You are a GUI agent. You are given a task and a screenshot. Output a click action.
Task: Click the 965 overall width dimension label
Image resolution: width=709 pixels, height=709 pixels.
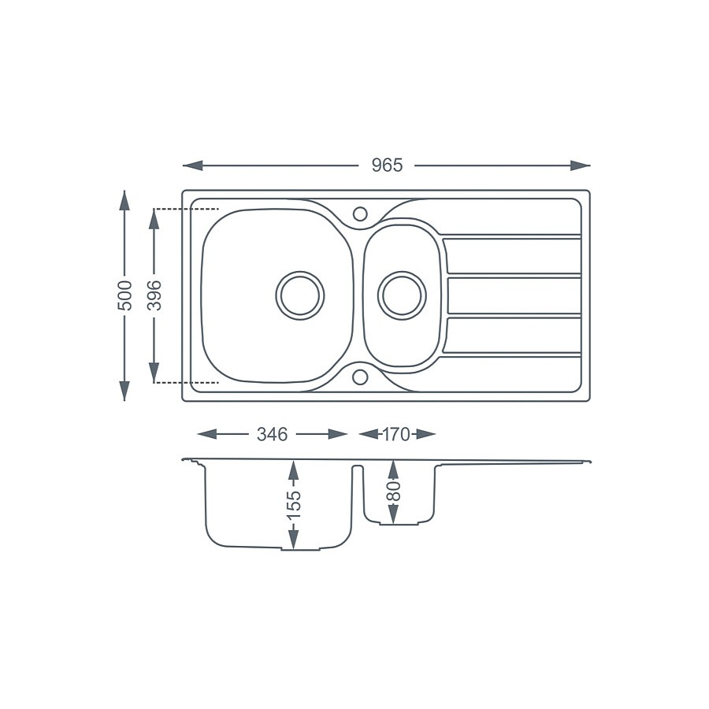pos(387,165)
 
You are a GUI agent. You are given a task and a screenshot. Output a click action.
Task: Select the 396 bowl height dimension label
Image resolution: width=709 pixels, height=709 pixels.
pos(154,295)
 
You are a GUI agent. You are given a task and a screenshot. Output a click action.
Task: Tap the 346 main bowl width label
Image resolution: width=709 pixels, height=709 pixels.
pos(273,434)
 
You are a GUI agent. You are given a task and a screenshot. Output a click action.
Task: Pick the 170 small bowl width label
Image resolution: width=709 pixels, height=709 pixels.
pos(396,434)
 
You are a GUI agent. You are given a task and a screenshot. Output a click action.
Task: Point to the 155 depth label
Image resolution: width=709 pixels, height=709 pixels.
pos(293,505)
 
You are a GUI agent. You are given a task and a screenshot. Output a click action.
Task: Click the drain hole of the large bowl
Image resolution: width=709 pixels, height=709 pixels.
pos(299,295)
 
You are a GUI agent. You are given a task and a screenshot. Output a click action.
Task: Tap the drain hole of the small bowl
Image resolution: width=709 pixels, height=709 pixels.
pos(402,295)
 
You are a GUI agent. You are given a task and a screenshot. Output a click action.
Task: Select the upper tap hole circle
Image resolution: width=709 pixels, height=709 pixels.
pos(360,213)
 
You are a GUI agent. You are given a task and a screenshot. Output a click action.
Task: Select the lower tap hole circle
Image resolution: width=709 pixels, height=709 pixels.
pos(360,377)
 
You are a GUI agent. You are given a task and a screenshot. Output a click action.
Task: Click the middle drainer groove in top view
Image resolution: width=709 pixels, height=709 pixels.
pos(512,295)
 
